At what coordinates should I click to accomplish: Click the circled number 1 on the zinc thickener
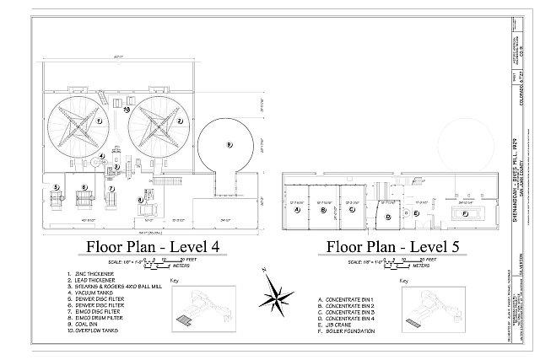(x=100, y=121)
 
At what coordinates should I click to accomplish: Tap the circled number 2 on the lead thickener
(x=180, y=121)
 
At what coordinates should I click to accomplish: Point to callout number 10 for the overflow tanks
(x=127, y=109)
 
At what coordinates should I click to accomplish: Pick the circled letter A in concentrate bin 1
(x=297, y=210)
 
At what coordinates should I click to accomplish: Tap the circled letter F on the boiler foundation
(x=467, y=214)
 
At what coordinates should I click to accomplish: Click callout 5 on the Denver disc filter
(x=56, y=187)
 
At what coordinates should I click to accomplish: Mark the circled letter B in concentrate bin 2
(x=323, y=210)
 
